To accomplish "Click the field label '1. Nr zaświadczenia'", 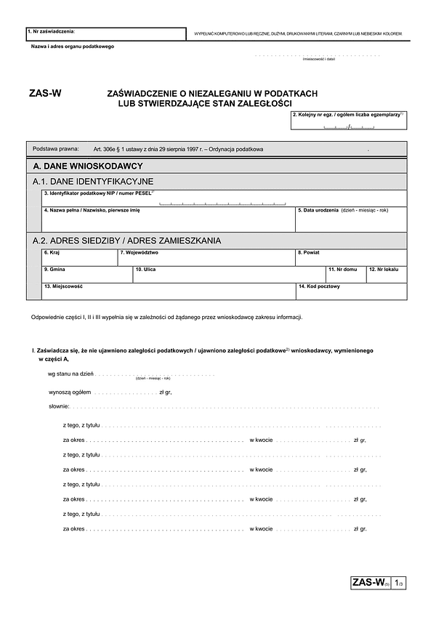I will [51, 31].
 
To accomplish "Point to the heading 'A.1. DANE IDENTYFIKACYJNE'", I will [93, 182].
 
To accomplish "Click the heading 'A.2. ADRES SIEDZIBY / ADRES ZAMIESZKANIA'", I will [126, 241].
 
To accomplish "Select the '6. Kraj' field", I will [79, 258].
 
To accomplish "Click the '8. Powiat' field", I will [351, 258].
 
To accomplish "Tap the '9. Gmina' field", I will [86, 275].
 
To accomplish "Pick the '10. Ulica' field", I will [228, 275].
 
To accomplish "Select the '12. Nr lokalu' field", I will [386, 275].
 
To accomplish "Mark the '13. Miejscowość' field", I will [168, 291].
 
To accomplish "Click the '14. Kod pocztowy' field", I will [351, 291].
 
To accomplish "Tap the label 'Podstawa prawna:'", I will [56, 149].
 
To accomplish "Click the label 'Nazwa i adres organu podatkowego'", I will [72, 47].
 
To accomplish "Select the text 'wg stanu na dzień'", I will [70, 374].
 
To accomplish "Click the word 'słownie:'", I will [58, 406].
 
